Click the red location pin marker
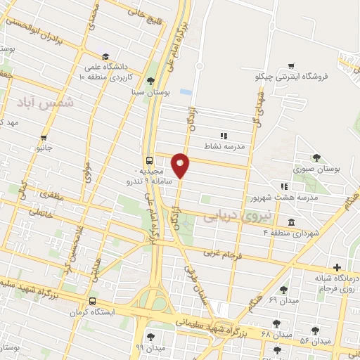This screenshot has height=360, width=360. (181, 165)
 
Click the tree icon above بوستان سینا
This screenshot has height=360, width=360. (150, 80)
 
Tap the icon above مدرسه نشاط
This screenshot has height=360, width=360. (224, 136)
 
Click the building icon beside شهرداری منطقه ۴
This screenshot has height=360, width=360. (292, 221)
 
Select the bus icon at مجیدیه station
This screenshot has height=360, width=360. (148, 160)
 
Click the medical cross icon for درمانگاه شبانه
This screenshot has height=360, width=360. (337, 267)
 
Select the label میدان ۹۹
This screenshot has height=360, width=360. (150, 348)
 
